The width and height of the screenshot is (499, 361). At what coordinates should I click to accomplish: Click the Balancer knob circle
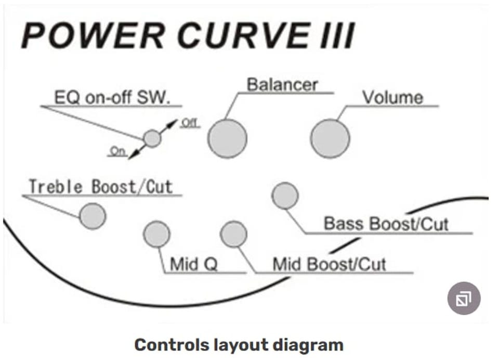[x=227, y=138]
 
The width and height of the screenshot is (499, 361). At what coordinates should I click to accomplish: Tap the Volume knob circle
[x=330, y=138]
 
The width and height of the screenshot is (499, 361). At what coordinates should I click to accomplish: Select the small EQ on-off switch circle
[x=152, y=138]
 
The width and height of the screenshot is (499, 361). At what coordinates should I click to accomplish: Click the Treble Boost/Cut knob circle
[x=93, y=216]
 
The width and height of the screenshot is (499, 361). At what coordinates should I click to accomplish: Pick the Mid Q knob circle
[x=156, y=234]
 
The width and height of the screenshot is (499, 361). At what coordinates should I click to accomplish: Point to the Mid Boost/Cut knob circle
[x=233, y=234]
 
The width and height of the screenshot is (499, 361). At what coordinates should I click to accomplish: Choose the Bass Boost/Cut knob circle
[x=285, y=196]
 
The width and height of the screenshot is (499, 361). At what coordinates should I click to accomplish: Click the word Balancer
[x=282, y=84]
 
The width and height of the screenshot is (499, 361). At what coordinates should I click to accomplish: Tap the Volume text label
[x=392, y=97]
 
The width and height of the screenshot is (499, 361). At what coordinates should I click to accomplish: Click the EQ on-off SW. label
[x=112, y=98]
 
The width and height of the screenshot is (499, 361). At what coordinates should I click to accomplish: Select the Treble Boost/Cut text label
[x=100, y=186]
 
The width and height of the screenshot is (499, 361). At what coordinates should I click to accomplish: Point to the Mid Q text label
[x=193, y=264]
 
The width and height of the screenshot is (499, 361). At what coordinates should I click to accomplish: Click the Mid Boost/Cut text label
[x=330, y=264]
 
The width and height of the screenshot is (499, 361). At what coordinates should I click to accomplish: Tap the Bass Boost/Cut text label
[x=386, y=224]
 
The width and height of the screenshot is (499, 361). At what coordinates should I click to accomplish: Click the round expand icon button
[x=464, y=299]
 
